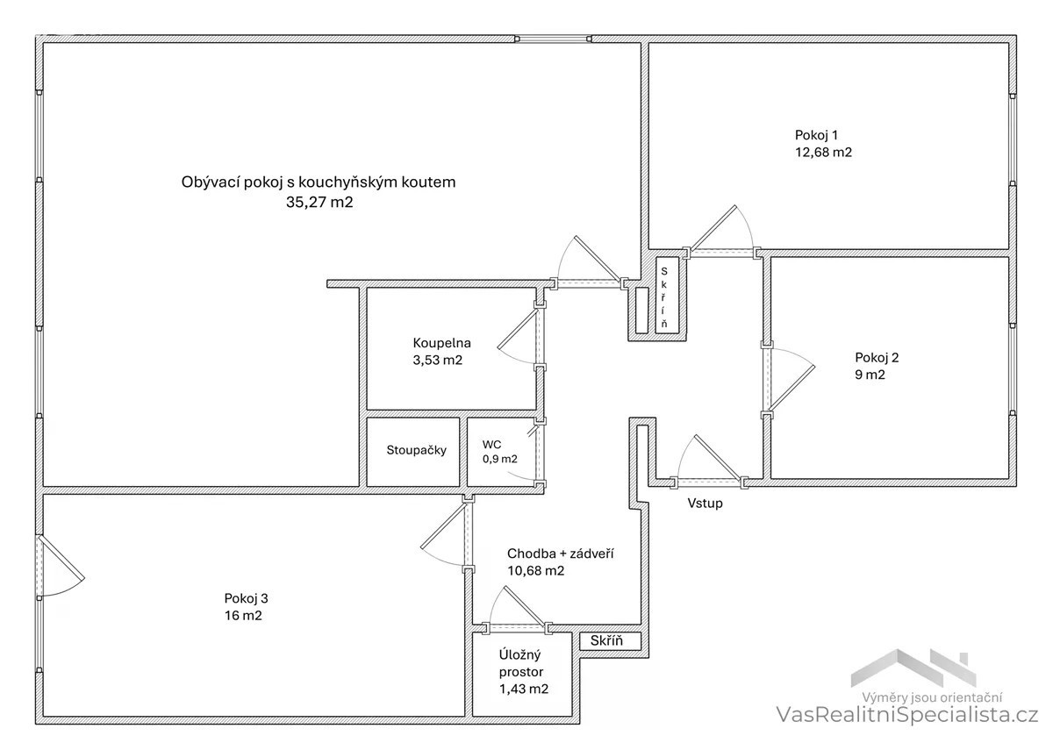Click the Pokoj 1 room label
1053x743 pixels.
click(816, 135)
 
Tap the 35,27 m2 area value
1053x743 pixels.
click(319, 202)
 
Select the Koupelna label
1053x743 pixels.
click(442, 343)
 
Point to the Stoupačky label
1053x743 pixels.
click(417, 450)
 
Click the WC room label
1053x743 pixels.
click(491, 445)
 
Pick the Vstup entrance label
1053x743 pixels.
click(706, 504)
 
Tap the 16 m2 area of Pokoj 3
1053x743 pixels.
click(243, 616)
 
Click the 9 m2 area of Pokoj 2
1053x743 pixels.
click(870, 375)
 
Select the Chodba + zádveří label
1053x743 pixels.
click(561, 554)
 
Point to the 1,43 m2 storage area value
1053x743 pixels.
click(524, 689)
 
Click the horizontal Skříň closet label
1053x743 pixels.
click(606, 640)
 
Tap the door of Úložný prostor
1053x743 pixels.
click(517, 611)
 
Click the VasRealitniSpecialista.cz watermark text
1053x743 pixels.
click(906, 715)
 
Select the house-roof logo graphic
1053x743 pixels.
click(913, 670)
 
